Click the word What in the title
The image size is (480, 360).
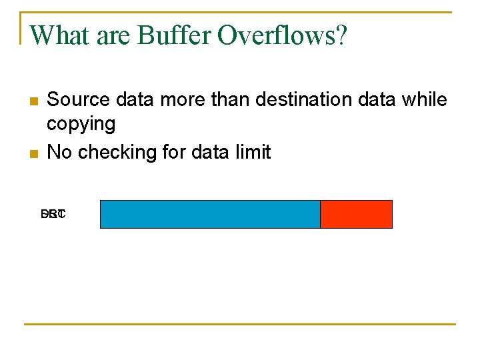click(61, 35)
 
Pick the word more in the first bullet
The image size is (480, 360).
click(183, 100)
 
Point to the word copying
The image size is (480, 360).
click(81, 125)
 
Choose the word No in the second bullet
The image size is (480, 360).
click(59, 152)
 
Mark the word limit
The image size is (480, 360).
click(253, 152)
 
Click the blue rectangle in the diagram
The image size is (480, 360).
click(210, 214)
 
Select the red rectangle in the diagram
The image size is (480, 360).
click(356, 214)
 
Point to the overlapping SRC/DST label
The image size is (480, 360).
click(53, 215)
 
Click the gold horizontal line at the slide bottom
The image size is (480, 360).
click(239, 325)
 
